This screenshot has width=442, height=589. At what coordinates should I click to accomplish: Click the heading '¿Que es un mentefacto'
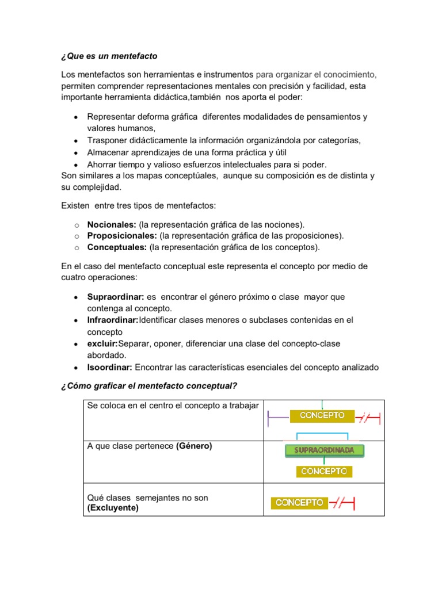point(109,56)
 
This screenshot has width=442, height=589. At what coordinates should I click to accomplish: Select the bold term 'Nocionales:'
point(112,224)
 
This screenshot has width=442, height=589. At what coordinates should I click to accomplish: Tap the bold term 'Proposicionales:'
point(122,236)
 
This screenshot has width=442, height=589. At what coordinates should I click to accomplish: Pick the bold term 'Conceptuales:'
point(117,247)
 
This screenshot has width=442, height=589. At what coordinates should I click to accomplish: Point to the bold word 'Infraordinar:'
point(113,320)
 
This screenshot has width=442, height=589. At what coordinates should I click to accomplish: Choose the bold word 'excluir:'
point(102,343)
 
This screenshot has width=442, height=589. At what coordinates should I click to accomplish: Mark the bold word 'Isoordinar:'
point(110,367)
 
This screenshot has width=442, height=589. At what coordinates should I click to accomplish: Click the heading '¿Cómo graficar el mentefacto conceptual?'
point(149,385)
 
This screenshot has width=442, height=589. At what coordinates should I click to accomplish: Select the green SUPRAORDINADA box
point(324,450)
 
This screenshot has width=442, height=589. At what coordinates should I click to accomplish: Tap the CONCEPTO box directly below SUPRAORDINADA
point(324,471)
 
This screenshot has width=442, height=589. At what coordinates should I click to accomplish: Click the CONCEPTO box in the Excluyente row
point(299,503)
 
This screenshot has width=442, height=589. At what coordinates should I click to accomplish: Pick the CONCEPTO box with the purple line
point(326,415)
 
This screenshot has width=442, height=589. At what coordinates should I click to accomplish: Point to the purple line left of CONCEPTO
point(279,416)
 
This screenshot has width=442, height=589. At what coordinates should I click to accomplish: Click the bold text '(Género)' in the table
point(194,446)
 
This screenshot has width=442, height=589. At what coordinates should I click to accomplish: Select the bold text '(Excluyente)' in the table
point(113,508)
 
